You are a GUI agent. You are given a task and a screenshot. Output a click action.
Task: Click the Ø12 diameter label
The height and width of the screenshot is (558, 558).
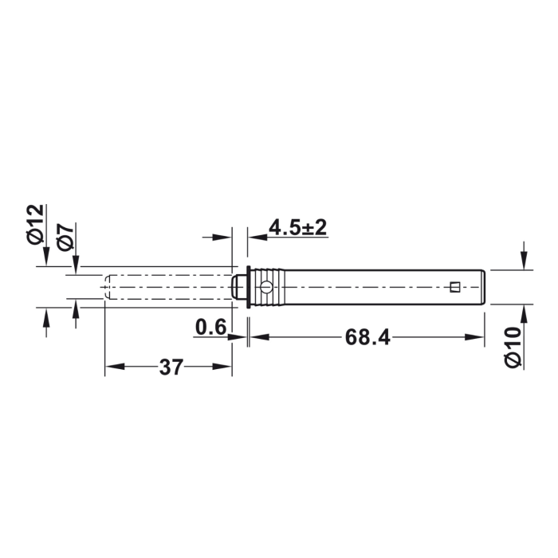[36, 224]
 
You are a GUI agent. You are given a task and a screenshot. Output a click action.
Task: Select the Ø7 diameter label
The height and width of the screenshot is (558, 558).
[66, 237]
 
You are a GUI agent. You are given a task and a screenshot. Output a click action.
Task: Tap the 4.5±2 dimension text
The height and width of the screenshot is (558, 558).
[297, 227]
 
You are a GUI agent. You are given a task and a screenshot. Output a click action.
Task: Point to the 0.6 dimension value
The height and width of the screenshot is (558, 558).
[210, 327]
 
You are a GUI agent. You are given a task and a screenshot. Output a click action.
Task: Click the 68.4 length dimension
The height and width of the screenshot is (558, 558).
[367, 337]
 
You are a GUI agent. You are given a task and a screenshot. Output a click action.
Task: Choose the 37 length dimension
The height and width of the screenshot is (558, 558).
[171, 367]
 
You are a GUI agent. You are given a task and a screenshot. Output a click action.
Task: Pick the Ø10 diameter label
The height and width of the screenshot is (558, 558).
[513, 348]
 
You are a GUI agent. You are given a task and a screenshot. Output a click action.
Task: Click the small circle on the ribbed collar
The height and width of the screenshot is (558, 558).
[266, 287]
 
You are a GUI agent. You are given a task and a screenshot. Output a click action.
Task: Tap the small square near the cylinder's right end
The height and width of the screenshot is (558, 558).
[455, 287]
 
